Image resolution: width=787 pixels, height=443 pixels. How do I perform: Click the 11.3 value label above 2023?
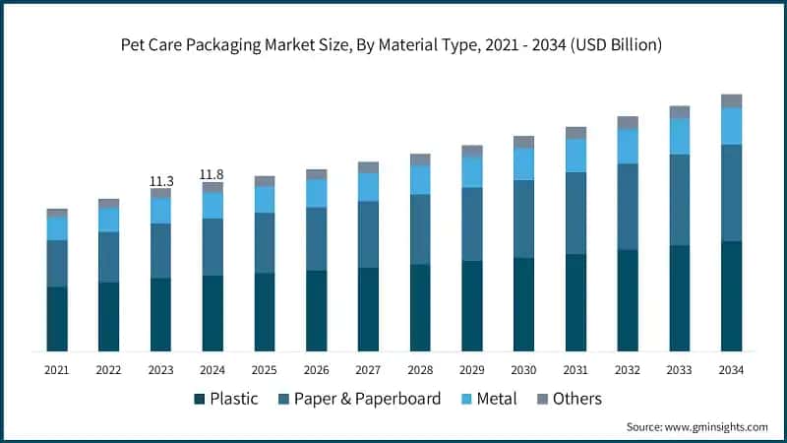pos(160,181)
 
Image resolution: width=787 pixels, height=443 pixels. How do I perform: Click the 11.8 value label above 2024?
pos(212,174)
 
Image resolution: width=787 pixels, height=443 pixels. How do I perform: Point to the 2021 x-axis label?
pos(57,370)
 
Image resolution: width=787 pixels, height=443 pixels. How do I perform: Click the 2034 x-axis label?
pos(731,370)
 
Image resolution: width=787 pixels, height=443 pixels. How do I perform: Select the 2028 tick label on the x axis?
pos(420,370)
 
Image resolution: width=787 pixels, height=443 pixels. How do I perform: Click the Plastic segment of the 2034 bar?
pos(731,295)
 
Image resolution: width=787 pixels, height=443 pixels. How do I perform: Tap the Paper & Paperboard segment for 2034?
pos(731,192)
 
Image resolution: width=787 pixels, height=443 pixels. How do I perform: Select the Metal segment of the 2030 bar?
pos(523,163)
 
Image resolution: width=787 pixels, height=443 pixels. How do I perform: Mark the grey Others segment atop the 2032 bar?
pos(628,123)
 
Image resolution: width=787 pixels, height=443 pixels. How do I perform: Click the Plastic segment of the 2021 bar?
pos(57,319)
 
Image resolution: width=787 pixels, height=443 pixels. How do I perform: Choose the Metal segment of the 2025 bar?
pos(265,199)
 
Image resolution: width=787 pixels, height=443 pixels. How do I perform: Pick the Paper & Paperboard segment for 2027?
pos(368,234)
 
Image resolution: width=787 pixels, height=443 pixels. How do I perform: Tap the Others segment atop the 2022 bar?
pos(108,203)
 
